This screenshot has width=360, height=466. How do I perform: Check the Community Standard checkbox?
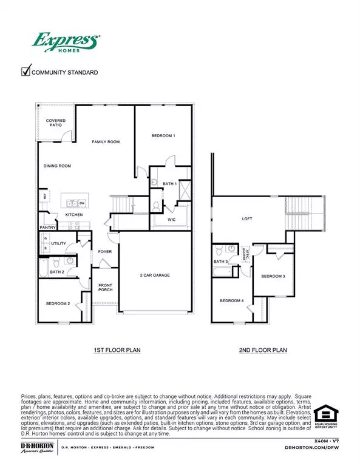pyautogui.click(x=26, y=72)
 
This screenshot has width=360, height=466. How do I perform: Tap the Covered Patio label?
pyautogui.click(x=56, y=123)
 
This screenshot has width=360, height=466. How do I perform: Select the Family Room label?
pyautogui.click(x=106, y=142)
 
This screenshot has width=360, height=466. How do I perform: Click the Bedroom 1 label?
pyautogui.click(x=163, y=136)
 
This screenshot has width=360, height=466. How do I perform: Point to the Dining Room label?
pyautogui.click(x=57, y=166)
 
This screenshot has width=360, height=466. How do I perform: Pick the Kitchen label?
pyautogui.click(x=74, y=215)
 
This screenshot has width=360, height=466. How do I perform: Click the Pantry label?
pyautogui.click(x=48, y=228)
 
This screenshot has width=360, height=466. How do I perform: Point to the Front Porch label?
pyautogui.click(x=106, y=289)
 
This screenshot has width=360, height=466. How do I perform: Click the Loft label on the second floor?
pyautogui.click(x=246, y=219)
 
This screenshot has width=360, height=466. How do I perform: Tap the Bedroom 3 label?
pyautogui.click(x=273, y=276)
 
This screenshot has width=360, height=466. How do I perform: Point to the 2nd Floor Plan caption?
pyautogui.click(x=263, y=350)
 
